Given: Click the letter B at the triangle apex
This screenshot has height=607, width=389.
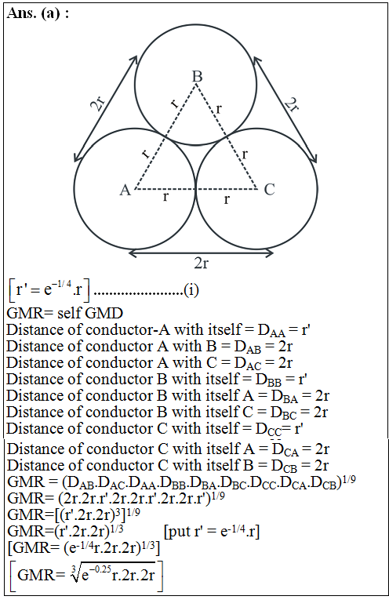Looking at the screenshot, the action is (197, 76).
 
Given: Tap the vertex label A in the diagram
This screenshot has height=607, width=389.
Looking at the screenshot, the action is (125, 191).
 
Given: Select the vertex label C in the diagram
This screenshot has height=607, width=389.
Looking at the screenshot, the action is (269, 190).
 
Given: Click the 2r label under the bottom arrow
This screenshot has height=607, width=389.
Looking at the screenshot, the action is (202, 264).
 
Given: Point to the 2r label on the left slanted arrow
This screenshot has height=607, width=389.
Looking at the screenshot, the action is (98, 103).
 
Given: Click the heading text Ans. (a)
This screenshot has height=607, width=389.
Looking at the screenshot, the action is (38, 13).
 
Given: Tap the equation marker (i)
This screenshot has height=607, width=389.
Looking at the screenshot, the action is (191, 289).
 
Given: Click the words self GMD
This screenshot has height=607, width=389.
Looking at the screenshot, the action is (90, 313).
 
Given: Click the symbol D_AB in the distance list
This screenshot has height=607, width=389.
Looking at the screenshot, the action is (248, 347).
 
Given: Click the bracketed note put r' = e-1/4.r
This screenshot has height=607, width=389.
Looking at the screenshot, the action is (212, 532).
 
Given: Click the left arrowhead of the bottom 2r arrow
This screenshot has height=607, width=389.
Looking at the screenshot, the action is (133, 253).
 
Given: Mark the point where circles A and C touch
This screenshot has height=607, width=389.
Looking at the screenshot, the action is (196, 189).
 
